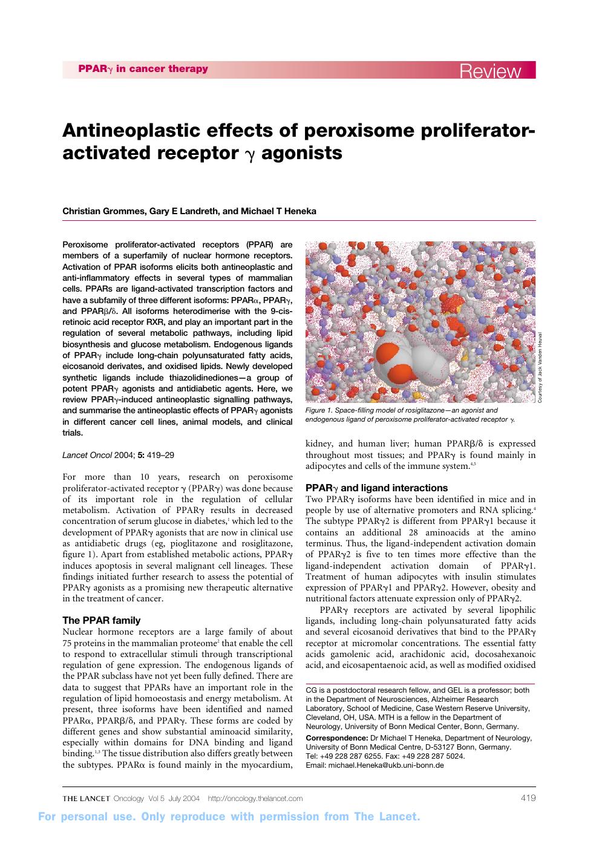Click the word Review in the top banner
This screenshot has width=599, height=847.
490,71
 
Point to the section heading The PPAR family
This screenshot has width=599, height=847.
102,620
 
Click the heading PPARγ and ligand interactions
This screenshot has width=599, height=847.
376,488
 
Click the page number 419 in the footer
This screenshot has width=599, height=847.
528,798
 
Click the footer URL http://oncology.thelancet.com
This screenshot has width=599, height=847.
255,799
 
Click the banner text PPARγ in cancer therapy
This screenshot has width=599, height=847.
143,69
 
